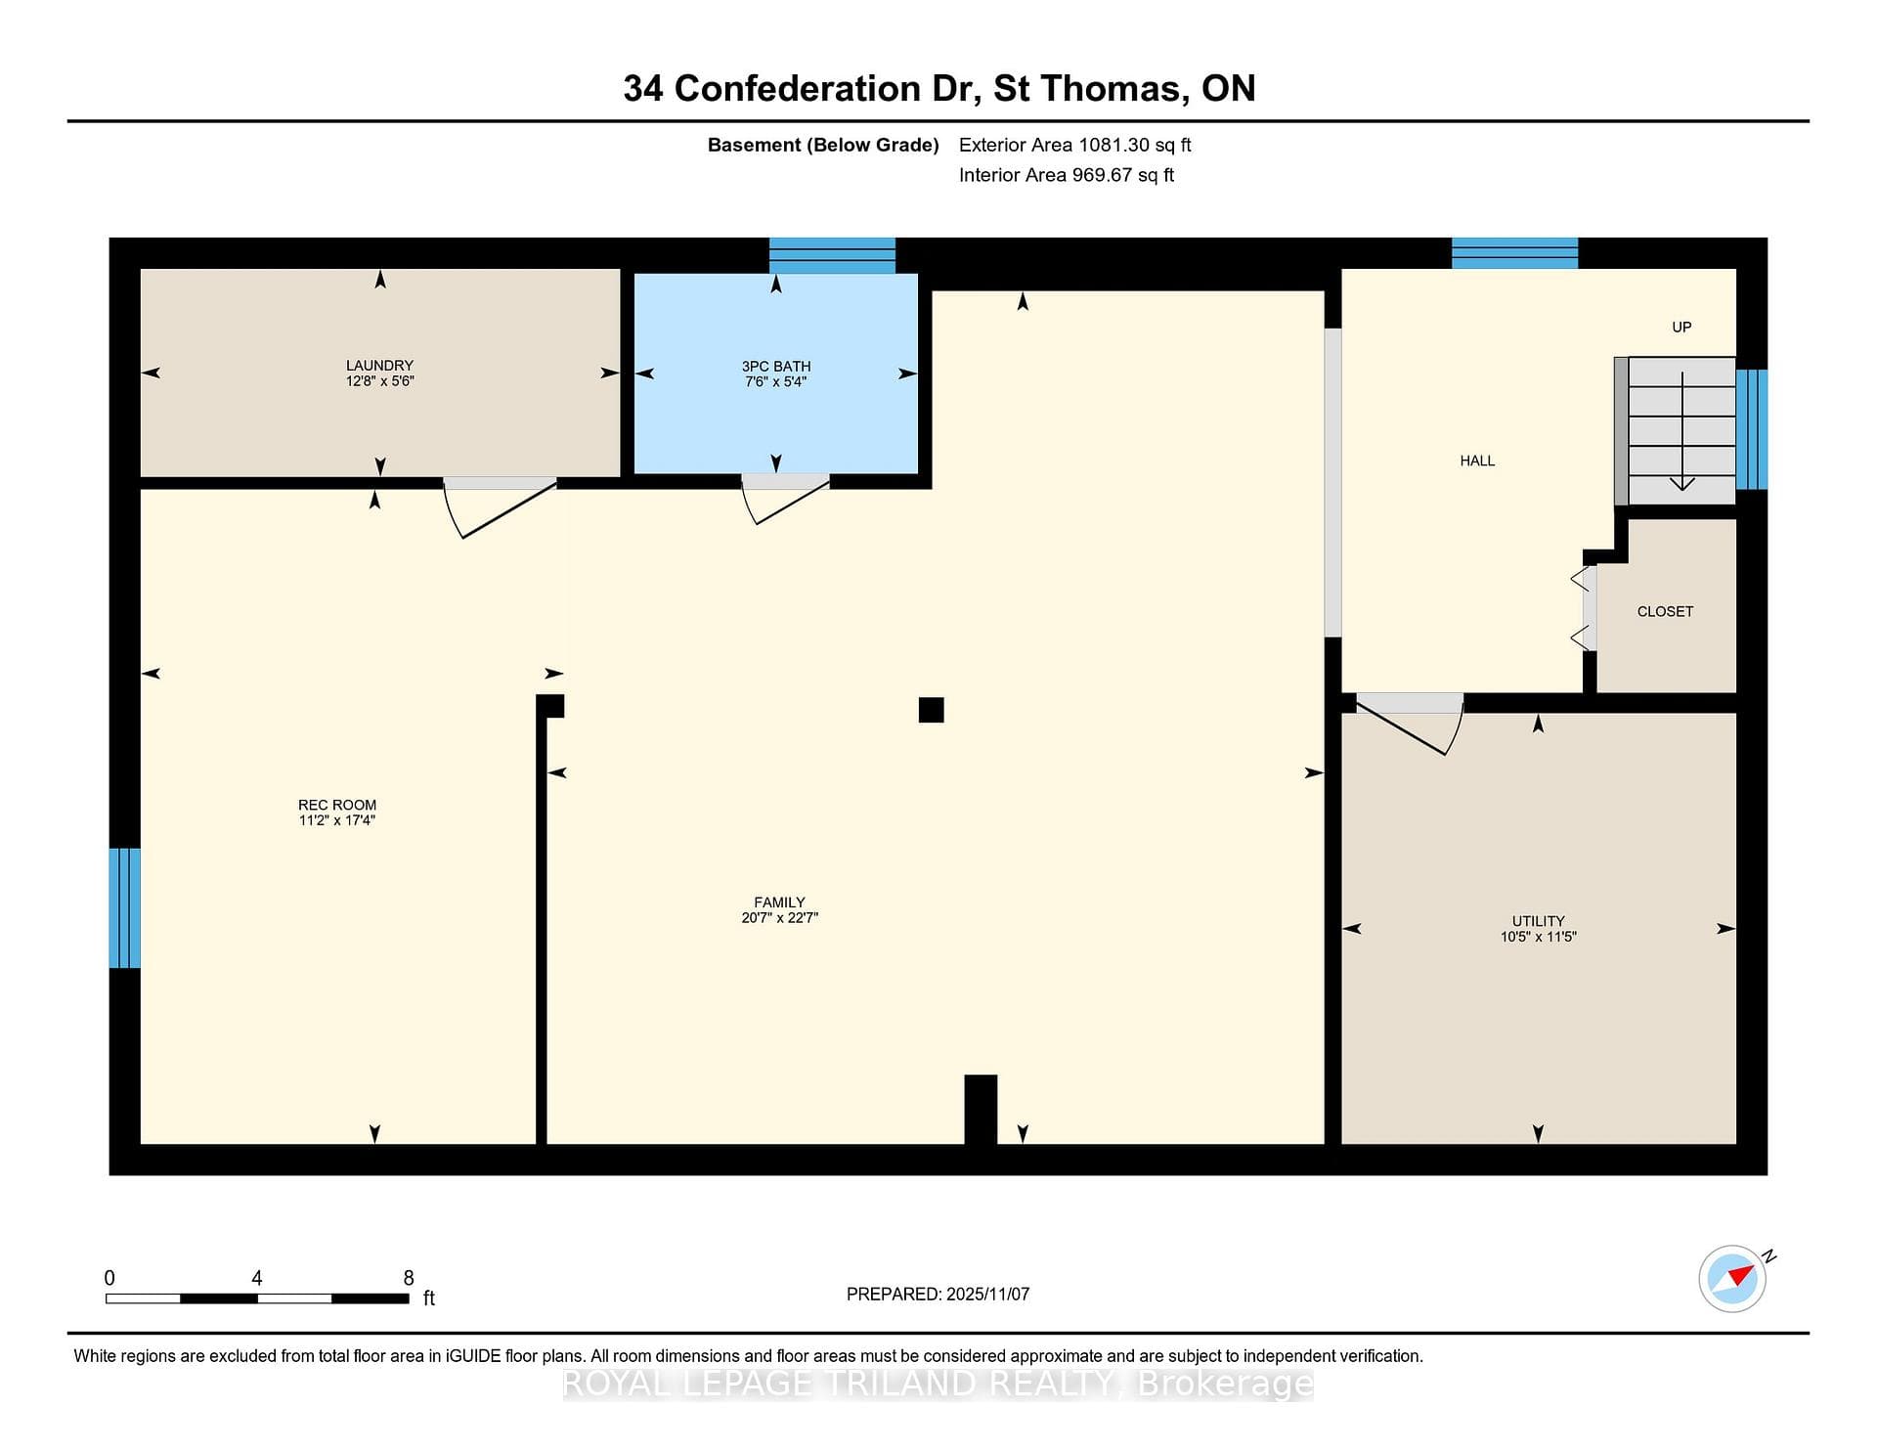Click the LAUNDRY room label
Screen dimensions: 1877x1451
point(379,366)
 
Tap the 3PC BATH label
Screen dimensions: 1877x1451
point(776,367)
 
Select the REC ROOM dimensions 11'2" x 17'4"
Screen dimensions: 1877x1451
point(337,820)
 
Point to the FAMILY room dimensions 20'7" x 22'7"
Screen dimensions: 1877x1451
point(779,918)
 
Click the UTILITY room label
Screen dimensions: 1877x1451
point(1539,921)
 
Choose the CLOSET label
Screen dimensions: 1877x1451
point(1665,612)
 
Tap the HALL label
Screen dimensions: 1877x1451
point(1477,462)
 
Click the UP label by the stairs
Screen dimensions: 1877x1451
point(1681,328)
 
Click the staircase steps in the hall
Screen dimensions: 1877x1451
point(1675,431)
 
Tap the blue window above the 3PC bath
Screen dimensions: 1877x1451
point(832,255)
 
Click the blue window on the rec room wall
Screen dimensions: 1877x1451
point(124,907)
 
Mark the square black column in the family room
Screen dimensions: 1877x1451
point(931,710)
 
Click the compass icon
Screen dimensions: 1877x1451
point(1732,1278)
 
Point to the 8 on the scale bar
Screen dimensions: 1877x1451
point(409,1278)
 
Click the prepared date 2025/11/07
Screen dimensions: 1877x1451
point(987,1295)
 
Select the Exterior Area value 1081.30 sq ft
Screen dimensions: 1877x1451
point(1134,146)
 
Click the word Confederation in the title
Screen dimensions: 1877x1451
point(798,89)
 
